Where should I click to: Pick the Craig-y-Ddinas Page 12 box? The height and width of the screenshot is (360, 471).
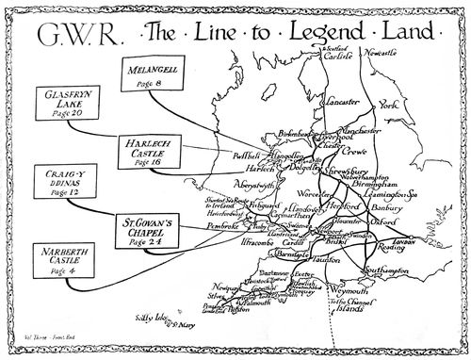(x=59, y=183)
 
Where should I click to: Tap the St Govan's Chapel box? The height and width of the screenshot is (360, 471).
(x=150, y=230)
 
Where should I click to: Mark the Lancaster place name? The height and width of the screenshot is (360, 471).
(x=336, y=100)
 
